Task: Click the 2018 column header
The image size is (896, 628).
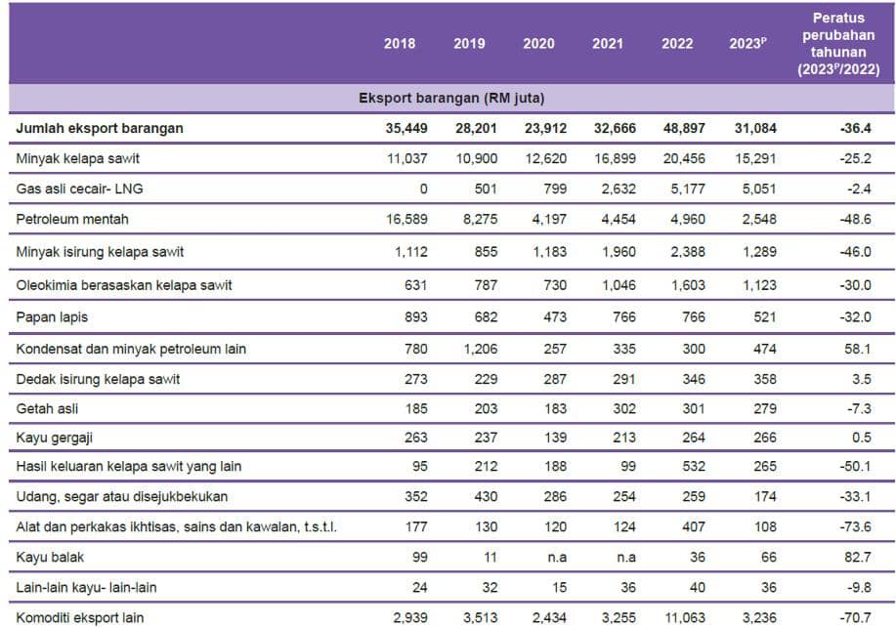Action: [x=399, y=44]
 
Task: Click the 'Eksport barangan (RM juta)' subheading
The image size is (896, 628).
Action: [x=451, y=98]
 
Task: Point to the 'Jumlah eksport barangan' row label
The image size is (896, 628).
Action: [x=100, y=127]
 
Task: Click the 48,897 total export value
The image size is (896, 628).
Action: [x=677, y=127]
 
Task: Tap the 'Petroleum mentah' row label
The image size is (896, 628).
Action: [x=72, y=219]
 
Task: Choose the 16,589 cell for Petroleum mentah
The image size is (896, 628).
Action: [x=395, y=219]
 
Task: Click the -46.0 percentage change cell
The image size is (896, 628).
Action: [x=857, y=252]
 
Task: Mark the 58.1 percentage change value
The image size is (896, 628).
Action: [x=857, y=347]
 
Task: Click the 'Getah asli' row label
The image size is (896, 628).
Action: [x=47, y=406]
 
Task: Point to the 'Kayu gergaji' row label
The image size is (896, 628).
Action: [x=55, y=437]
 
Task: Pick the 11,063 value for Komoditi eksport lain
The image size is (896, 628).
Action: [x=673, y=617]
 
